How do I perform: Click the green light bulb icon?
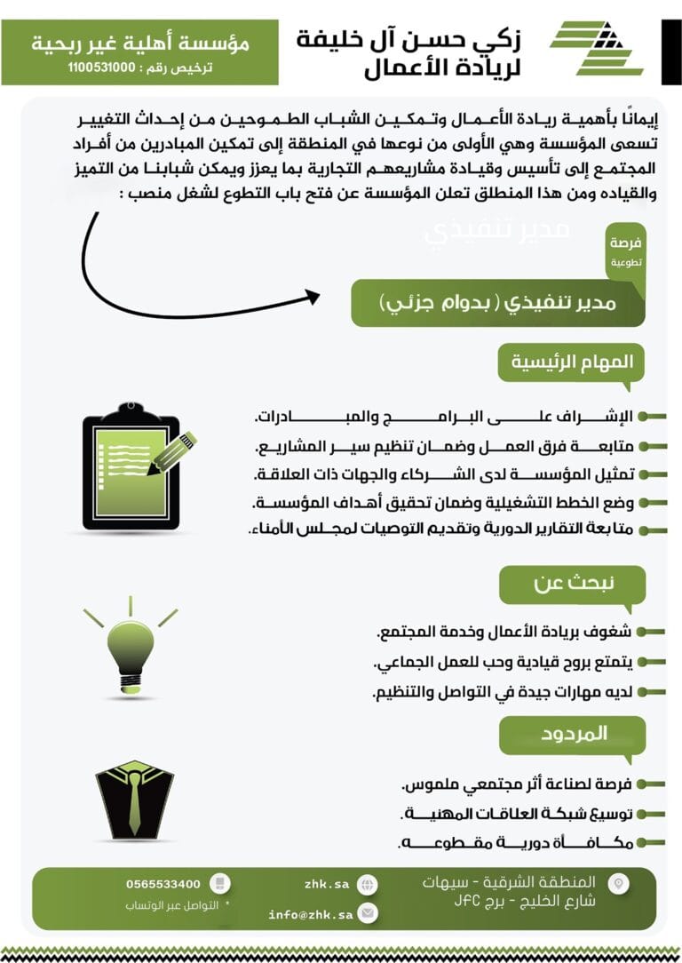click(130, 644)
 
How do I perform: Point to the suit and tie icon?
click(134, 799)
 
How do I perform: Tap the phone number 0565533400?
click(164, 884)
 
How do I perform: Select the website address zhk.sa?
click(326, 885)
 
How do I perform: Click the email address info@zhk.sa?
click(311, 913)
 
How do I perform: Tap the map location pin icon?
click(619, 883)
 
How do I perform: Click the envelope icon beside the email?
click(368, 913)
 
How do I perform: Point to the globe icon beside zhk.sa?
click(368, 885)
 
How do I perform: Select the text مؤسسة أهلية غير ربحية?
click(139, 42)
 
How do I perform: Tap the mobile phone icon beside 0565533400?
click(221, 884)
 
